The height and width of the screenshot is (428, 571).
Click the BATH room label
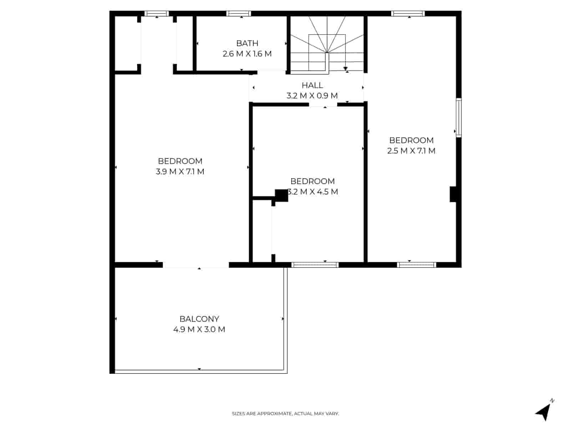point(247,43)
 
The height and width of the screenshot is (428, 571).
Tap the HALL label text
point(312,85)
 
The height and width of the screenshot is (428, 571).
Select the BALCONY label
point(199,319)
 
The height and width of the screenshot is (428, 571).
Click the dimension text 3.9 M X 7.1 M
point(180,172)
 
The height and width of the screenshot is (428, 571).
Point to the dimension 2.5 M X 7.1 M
point(411,151)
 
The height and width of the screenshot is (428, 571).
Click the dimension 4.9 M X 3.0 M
point(199,330)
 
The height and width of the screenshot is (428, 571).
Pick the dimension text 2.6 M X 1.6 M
point(247,54)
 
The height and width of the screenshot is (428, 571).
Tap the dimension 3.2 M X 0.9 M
point(312,96)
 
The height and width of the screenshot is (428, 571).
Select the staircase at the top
point(327,45)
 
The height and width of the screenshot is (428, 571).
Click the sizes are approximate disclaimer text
point(285,414)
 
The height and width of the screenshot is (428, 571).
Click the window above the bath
point(239,14)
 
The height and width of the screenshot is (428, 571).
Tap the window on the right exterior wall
point(459,118)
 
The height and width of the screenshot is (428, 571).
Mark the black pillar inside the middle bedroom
point(281,195)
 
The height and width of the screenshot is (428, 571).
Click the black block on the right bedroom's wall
point(453,194)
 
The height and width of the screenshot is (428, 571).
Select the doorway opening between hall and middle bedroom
point(323,105)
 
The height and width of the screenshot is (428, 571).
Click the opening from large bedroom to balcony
point(196,265)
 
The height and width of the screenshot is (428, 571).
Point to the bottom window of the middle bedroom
point(315,265)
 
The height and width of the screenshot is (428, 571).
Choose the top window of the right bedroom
point(408,14)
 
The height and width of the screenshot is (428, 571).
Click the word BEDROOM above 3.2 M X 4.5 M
point(312,181)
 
